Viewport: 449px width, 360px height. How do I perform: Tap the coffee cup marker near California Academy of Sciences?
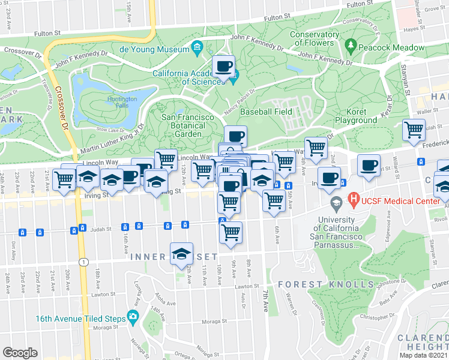pyautogui.click(x=224, y=66)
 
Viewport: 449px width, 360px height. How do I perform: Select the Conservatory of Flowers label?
pyautogui.click(x=314, y=38)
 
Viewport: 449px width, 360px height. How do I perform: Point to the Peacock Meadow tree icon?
pyautogui.click(x=351, y=45)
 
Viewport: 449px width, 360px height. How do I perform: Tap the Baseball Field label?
pyautogui.click(x=266, y=112)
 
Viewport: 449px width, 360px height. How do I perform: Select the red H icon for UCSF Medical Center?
pyautogui.click(x=354, y=199)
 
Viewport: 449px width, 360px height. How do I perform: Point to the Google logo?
pyautogui.click(x=20, y=353)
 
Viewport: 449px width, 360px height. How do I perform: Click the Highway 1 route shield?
pyautogui.click(x=82, y=262)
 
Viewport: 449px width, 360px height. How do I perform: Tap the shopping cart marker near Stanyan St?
pyautogui.click(x=413, y=130)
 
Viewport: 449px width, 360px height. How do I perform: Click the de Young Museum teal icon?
pyautogui.click(x=197, y=47)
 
